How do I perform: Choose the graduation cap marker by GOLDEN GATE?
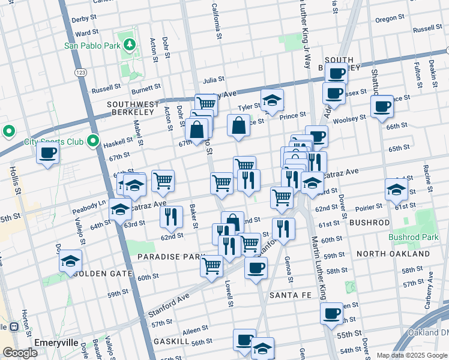(x=70, y=260)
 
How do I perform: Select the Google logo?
(x=20, y=353)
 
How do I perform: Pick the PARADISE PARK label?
(x=172, y=256)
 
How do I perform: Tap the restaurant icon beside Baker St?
(x=172, y=217)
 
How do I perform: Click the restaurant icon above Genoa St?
(x=283, y=228)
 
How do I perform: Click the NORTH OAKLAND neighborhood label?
(x=393, y=254)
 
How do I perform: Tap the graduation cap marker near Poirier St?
(x=396, y=189)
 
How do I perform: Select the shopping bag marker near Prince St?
(x=238, y=125)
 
